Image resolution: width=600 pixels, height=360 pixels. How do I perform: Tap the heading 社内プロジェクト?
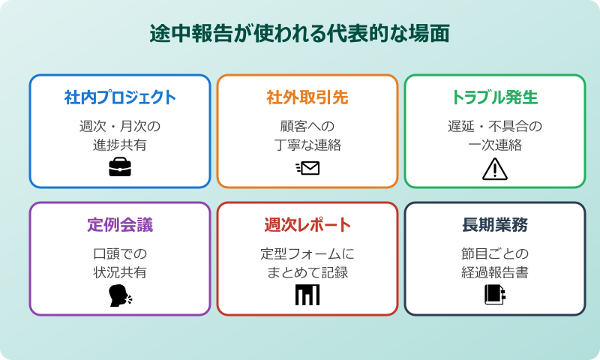(120, 97)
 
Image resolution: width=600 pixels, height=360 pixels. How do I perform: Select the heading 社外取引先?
(307, 97)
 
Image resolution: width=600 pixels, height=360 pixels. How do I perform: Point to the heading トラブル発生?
(495, 97)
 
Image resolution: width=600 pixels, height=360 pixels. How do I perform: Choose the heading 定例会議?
(120, 225)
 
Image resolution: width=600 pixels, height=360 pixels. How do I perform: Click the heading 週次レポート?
(307, 225)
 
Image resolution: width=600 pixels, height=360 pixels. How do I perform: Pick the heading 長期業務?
(495, 225)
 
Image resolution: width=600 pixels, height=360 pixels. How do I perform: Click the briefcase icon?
(120, 168)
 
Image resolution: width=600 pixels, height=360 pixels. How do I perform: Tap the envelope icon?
(307, 168)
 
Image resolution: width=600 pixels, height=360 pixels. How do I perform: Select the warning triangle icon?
(495, 169)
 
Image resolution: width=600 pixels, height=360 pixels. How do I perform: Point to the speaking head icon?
(120, 296)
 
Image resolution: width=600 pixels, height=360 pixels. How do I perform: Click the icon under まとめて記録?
(307, 295)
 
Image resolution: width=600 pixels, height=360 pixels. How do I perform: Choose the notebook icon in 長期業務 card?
(495, 295)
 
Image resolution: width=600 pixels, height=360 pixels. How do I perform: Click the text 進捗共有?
(120, 145)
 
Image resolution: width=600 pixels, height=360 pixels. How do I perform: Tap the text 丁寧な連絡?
(307, 145)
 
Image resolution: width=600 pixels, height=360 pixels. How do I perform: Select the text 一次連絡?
(495, 145)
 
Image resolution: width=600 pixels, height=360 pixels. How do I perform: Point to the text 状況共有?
(120, 272)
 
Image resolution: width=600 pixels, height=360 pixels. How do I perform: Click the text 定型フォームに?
(307, 253)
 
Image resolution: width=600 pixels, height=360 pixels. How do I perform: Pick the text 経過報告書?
(495, 272)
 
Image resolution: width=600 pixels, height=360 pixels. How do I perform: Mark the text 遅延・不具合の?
(495, 125)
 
